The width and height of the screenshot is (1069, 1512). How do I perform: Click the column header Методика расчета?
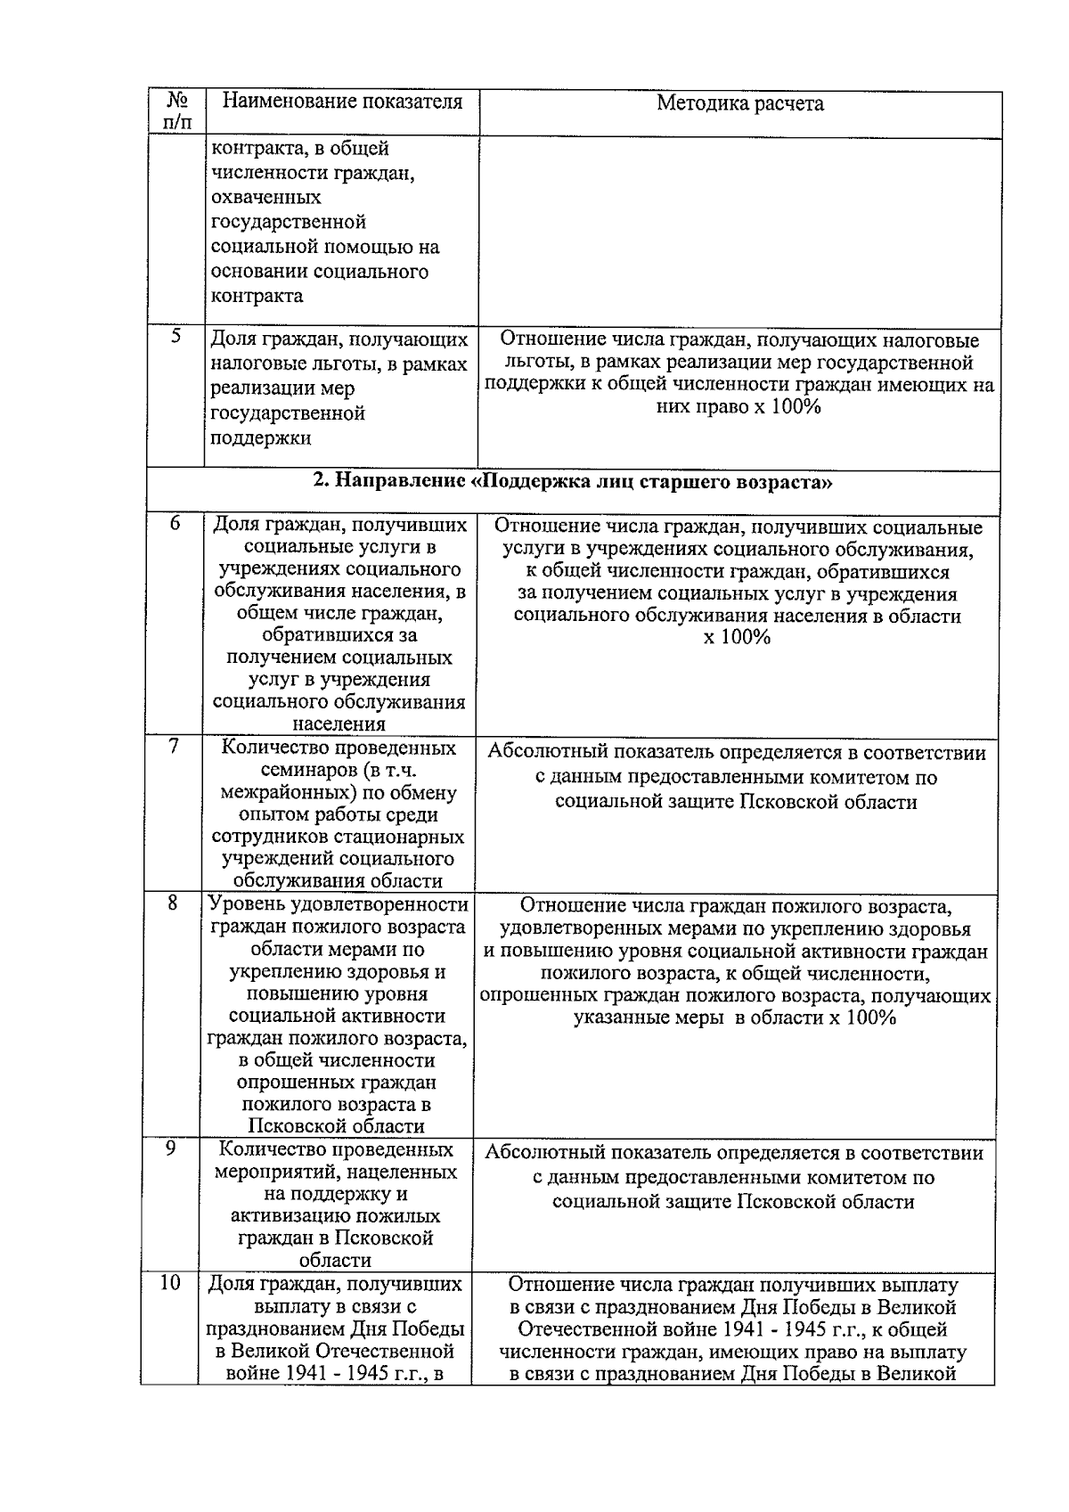click(739, 103)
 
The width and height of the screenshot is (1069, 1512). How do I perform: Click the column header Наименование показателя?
click(342, 102)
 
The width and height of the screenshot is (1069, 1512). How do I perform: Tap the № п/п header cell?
click(176, 111)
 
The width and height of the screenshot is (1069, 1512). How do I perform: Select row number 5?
click(175, 337)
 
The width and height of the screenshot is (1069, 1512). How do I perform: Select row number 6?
click(175, 524)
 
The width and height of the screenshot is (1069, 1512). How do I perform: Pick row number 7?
click(175, 747)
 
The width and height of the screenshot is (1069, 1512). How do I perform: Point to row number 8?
click(173, 903)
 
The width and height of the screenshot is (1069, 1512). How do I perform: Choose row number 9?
click(172, 1149)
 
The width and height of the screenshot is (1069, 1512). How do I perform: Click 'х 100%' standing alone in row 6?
click(737, 638)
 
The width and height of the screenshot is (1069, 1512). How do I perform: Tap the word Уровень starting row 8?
click(247, 905)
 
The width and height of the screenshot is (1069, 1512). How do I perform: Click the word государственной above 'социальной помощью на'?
click(289, 222)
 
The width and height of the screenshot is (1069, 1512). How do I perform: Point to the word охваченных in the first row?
click(266, 197)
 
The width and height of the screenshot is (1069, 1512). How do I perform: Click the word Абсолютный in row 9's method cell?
click(543, 1154)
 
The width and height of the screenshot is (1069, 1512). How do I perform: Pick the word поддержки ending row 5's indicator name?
click(261, 438)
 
